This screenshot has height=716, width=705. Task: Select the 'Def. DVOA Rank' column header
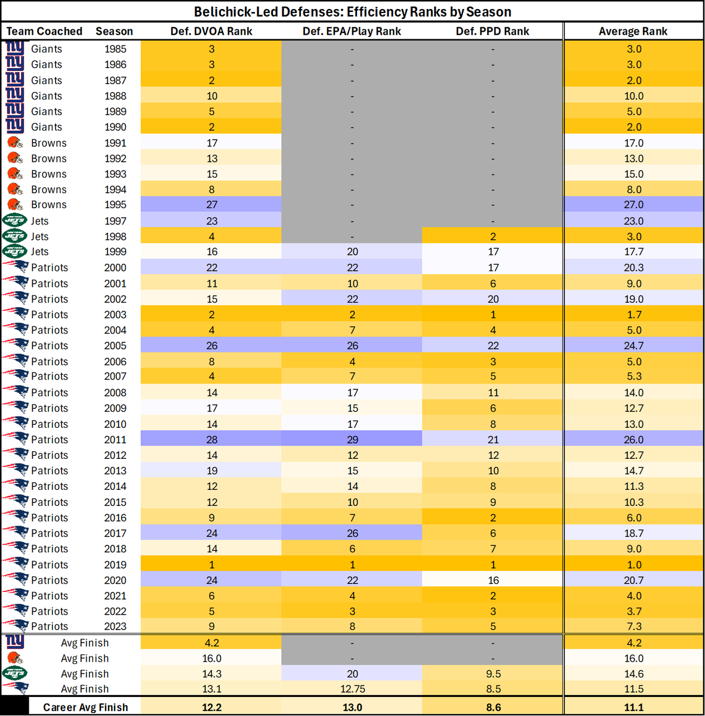[211, 31]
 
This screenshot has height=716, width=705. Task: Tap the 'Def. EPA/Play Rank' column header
[352, 31]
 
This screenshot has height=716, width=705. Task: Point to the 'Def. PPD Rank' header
[492, 31]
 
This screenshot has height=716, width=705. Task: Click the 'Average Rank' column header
[633, 31]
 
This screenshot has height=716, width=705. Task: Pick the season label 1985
[115, 49]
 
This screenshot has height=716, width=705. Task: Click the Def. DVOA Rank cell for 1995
[211, 205]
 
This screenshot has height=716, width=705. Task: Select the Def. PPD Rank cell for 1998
[492, 236]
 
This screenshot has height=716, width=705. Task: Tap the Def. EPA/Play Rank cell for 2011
[352, 440]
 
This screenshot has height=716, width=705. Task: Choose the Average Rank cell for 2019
[633, 564]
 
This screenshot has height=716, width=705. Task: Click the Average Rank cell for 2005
[633, 345]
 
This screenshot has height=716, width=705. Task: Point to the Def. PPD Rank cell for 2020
[492, 580]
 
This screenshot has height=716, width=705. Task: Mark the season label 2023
[115, 626]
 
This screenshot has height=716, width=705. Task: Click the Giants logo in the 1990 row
[15, 126]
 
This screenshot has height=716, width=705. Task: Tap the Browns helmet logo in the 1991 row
[15, 143]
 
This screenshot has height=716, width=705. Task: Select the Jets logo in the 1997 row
[15, 221]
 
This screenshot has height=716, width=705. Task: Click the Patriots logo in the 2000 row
[16, 267]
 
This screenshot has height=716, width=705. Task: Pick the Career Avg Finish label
[85, 707]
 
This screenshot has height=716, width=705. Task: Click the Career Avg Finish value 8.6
[492, 707]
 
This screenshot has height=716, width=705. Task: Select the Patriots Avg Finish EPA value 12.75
[352, 689]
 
